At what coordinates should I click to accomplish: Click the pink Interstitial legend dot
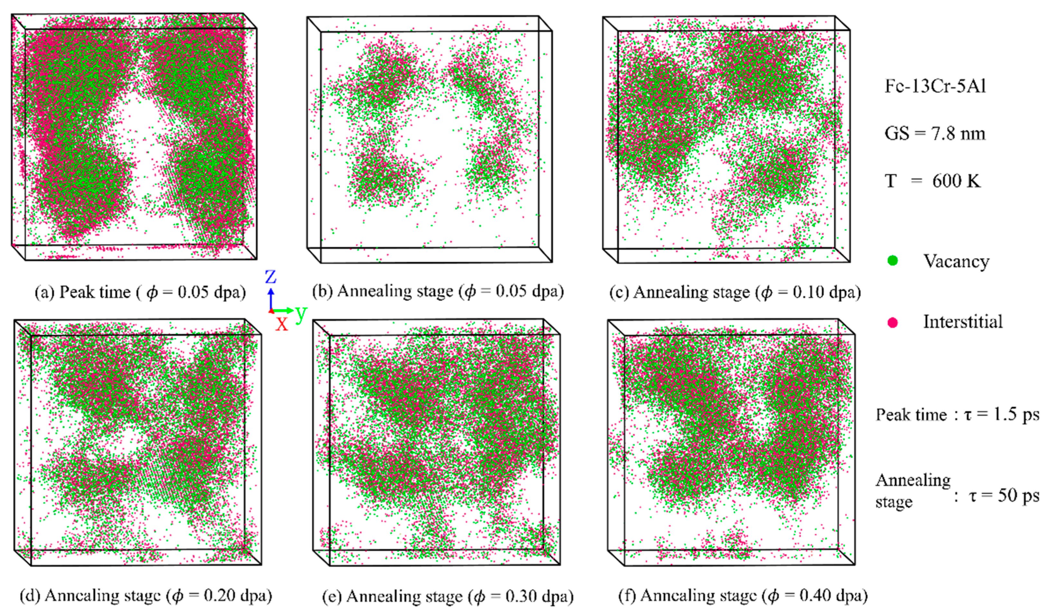tap(893, 322)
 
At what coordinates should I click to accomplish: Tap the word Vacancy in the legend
tap(956, 261)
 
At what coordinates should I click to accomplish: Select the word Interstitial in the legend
tap(962, 322)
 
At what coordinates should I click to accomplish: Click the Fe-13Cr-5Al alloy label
tap(935, 86)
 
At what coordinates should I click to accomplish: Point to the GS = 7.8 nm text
tap(935, 133)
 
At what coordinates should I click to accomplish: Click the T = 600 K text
tap(932, 181)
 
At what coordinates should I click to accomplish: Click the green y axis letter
tap(301, 314)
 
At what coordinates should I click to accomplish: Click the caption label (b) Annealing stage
tap(383, 291)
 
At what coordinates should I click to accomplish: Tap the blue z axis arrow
tap(270, 298)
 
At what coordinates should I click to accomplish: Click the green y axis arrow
tap(284, 310)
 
